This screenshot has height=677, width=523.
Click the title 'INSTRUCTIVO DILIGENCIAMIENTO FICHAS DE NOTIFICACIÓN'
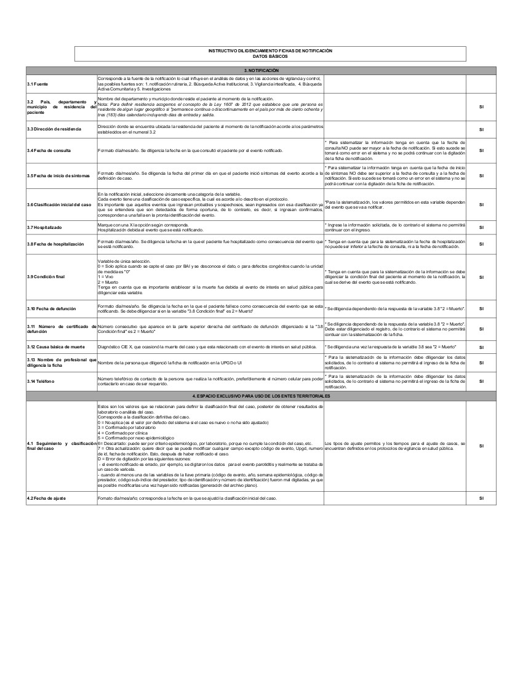click(x=269, y=50)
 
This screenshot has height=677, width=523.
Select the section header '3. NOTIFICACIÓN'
click(x=261, y=71)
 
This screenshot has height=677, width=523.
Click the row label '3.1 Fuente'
click(x=38, y=84)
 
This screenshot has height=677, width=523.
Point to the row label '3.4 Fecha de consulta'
click(x=49, y=150)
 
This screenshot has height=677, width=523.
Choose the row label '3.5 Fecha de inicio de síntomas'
click(x=58, y=176)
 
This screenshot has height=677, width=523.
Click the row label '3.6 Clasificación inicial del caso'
click(x=60, y=204)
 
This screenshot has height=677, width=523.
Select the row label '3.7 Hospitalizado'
click(x=44, y=228)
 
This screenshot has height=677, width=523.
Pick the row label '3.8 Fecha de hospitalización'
click(x=55, y=244)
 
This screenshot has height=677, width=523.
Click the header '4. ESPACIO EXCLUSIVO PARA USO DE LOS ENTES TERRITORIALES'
click(x=261, y=395)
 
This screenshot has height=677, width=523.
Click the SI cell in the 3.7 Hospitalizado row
click(x=481, y=228)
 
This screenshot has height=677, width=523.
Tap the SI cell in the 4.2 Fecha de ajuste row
click(x=481, y=497)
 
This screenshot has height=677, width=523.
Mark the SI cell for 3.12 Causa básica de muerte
click(x=481, y=347)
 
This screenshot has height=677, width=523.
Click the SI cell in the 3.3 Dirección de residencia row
click(x=481, y=129)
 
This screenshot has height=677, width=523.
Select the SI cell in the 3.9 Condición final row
click(x=481, y=276)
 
